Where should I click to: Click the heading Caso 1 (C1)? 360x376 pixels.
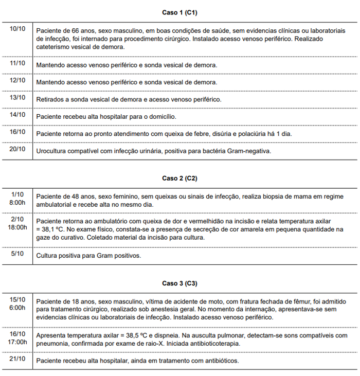[x=179, y=12]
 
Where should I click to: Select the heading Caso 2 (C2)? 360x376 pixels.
[x=179, y=178]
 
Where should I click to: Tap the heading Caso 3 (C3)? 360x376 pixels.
[x=179, y=283]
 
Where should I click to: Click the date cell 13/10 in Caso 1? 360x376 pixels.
[x=17, y=98]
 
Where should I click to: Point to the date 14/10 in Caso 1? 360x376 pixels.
[x=17, y=115]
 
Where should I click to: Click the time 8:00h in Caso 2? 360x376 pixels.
[x=17, y=203]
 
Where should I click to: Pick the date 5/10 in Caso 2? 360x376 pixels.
[x=17, y=254]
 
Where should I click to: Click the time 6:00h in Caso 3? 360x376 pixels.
[x=17, y=308]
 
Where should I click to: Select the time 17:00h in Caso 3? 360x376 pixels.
[x=17, y=342]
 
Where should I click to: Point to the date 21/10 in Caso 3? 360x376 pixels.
[x=17, y=359]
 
